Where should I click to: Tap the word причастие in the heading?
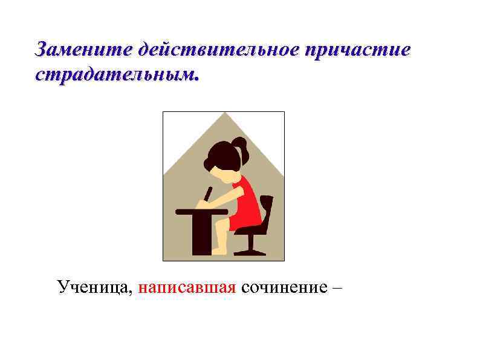coord(358,50)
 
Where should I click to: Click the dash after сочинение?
coord(336,286)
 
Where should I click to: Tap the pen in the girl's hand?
coord(208,194)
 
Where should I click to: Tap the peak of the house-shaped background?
coord(224,114)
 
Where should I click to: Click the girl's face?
coord(227,175)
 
